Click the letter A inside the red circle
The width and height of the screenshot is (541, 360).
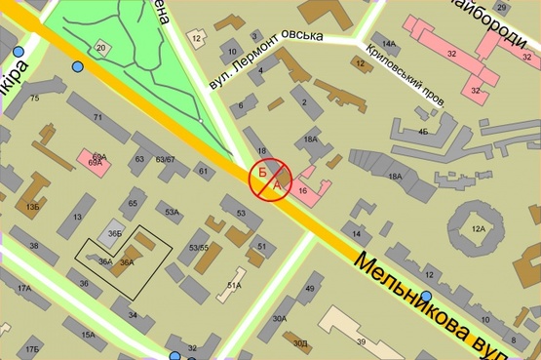277,183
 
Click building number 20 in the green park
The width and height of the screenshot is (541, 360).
101,47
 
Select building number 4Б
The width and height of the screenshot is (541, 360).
422,130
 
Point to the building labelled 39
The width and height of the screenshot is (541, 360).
361,341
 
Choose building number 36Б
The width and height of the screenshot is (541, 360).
114,233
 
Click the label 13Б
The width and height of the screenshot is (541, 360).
33,207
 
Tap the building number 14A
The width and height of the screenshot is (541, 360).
389,44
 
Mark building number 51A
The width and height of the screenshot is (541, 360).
234,285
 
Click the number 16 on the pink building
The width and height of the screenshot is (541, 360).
303,191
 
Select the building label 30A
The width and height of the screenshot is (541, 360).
280,318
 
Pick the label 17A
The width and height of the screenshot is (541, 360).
23,288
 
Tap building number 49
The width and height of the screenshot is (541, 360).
309,289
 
